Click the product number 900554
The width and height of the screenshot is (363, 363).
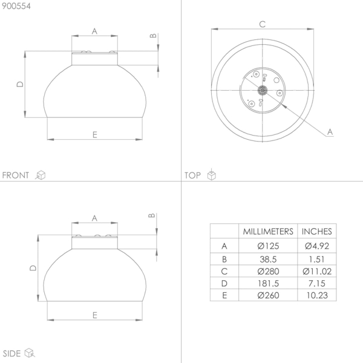pos(16,6)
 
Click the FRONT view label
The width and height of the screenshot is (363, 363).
pos(16,175)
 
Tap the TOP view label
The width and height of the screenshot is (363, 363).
pos(192,175)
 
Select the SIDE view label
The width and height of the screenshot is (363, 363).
pos(11,353)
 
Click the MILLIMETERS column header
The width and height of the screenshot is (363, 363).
pos(268,232)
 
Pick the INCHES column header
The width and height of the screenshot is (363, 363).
pos(316,232)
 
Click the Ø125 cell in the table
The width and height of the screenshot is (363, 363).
pos(268,246)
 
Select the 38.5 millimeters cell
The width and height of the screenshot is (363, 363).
pos(268,260)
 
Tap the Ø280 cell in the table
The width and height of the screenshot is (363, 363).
pos(268,271)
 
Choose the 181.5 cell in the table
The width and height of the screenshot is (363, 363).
pos(268,283)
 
